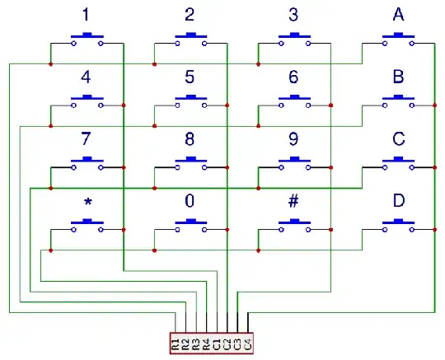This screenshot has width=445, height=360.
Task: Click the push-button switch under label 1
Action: (x=87, y=38)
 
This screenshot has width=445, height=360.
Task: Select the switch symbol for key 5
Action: (x=190, y=101)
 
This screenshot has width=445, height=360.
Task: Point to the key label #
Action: (x=293, y=201)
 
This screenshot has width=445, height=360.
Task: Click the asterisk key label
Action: (x=87, y=203)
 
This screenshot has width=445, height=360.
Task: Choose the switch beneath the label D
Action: (x=398, y=224)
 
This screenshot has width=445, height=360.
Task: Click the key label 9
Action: (x=293, y=139)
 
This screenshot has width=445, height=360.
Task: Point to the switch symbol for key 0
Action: (x=190, y=224)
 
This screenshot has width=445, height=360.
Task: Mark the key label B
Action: (x=398, y=77)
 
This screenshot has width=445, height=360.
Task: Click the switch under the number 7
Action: (x=87, y=162)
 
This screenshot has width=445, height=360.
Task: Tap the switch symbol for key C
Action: (x=398, y=162)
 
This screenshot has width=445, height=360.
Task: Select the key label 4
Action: (x=87, y=77)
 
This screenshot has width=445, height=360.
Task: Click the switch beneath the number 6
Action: (x=293, y=101)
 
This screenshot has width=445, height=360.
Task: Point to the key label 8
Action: (x=190, y=139)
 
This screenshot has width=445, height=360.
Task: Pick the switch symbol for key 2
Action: (x=190, y=38)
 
